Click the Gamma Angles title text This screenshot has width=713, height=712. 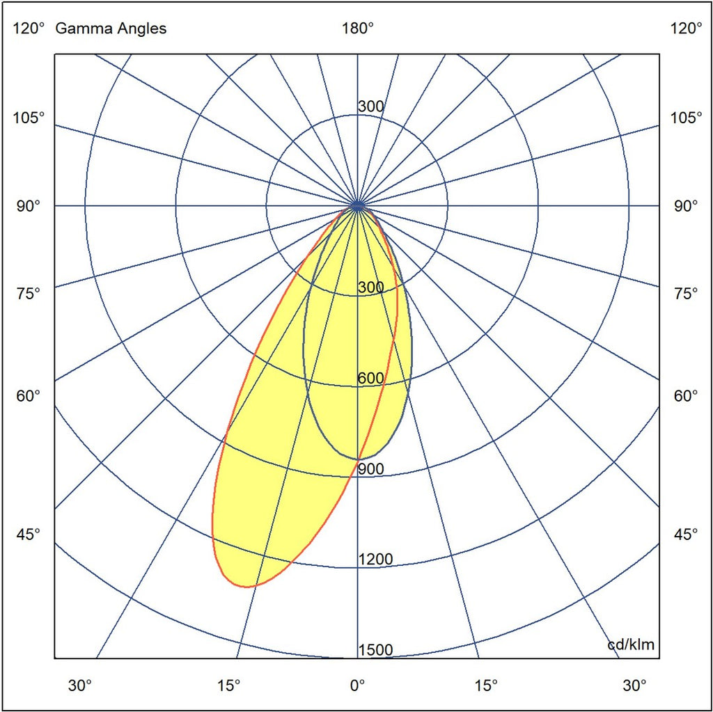pyautogui.click(x=111, y=29)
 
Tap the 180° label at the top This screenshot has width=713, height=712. pyautogui.click(x=357, y=29)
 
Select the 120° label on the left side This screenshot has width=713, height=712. pyautogui.click(x=28, y=29)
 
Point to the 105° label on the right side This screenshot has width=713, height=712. pyautogui.click(x=686, y=117)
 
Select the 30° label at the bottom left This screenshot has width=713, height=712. pyautogui.click(x=80, y=685)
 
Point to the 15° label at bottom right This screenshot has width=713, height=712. pyautogui.click(x=486, y=685)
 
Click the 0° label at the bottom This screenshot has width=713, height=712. pyautogui.click(x=357, y=685)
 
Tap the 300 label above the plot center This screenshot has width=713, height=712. pyautogui.click(x=370, y=107)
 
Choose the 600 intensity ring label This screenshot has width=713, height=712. pyautogui.click(x=370, y=379)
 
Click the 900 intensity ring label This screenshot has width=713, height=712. pyautogui.click(x=370, y=469)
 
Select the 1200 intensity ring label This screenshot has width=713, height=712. pyautogui.click(x=375, y=560)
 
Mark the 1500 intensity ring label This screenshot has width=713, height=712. pyautogui.click(x=375, y=650)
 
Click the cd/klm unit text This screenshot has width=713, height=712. pyautogui.click(x=631, y=644)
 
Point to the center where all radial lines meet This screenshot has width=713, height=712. pyautogui.click(x=357, y=205)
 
